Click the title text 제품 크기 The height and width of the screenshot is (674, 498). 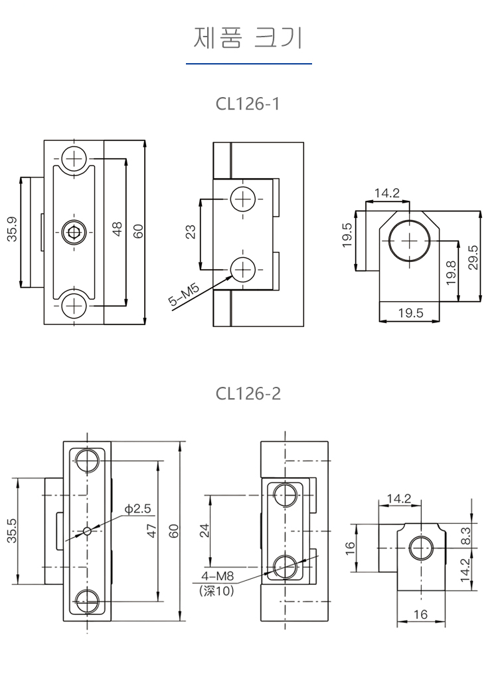click(248, 38)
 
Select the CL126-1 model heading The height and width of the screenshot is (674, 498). click(248, 104)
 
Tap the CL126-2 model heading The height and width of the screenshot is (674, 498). click(248, 393)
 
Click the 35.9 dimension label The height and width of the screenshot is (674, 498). click(12, 230)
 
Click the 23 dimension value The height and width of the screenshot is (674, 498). click(190, 233)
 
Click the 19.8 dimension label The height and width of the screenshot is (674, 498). click(451, 273)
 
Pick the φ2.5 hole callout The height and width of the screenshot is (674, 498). click(138, 509)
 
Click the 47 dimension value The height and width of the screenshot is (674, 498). click(151, 530)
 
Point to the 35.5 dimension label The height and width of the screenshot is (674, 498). click(12, 531)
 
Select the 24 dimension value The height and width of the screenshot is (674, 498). click(204, 530)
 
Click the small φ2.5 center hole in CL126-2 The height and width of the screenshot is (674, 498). click(88, 530)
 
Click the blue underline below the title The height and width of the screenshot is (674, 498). click(248, 63)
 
